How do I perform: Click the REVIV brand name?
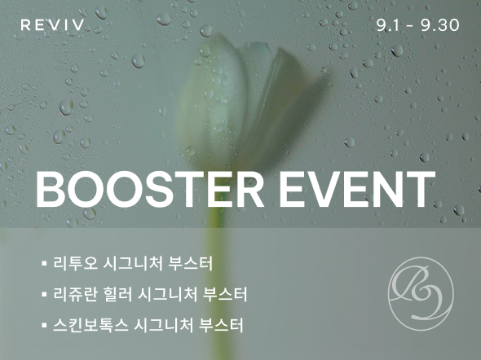52,24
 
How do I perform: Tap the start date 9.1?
388,25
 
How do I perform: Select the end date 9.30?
440,25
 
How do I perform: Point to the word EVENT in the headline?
357,190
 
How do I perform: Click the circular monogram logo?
421,293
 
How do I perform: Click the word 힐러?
118,294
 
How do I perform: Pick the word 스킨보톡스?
90,325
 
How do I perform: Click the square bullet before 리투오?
44,263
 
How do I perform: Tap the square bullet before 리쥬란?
44,294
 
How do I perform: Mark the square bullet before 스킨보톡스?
44,325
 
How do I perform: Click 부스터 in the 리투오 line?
191,264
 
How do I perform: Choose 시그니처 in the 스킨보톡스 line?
164,325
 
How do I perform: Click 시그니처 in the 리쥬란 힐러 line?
168,294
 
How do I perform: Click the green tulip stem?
214,276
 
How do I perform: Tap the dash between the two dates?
410,26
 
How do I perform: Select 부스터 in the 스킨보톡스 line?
222,325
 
